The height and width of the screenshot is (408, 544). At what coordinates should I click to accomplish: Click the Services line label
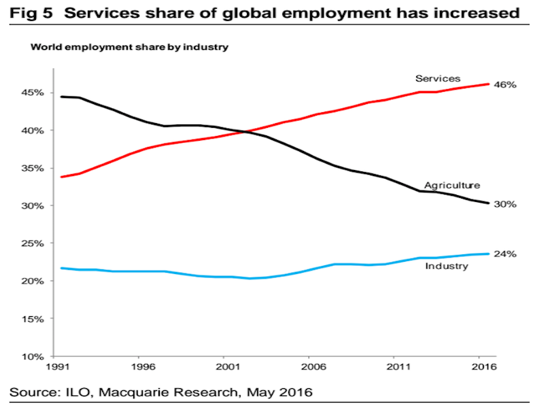tap(438, 79)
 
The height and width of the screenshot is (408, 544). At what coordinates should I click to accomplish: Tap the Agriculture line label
tap(452, 185)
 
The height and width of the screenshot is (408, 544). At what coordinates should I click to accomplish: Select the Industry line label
tap(447, 266)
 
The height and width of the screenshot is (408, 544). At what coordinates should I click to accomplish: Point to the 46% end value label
tap(505, 85)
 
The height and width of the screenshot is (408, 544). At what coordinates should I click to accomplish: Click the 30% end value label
tap(505, 204)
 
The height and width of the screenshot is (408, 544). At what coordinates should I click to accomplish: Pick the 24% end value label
tap(505, 254)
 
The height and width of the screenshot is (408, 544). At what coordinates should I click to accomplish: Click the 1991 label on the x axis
tap(62, 368)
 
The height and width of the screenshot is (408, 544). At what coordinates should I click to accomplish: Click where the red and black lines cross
tap(243, 131)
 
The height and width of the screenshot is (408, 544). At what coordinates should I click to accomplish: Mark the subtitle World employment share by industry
tap(128, 48)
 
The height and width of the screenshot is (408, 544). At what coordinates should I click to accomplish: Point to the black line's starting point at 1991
tap(62, 97)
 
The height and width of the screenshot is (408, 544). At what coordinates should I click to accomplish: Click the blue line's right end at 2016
tap(488, 254)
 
